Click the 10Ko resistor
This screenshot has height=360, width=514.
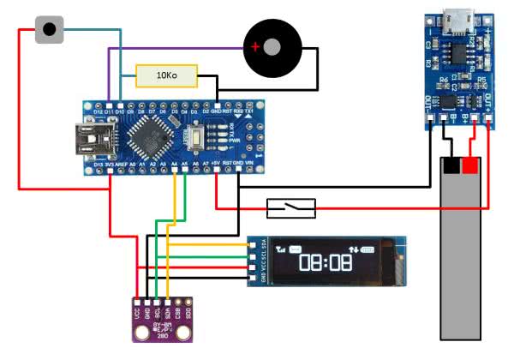(x=166, y=76)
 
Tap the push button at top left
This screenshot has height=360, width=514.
(x=50, y=30)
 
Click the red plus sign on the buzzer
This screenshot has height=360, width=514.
(x=254, y=48)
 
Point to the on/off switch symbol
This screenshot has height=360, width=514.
(x=291, y=207)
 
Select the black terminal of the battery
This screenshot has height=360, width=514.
(x=451, y=165)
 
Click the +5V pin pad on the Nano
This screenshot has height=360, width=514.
(x=217, y=168)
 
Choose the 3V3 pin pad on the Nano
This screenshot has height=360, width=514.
(x=110, y=168)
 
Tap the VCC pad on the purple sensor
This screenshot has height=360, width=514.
(x=137, y=303)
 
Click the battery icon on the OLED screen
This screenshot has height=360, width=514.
(x=369, y=249)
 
